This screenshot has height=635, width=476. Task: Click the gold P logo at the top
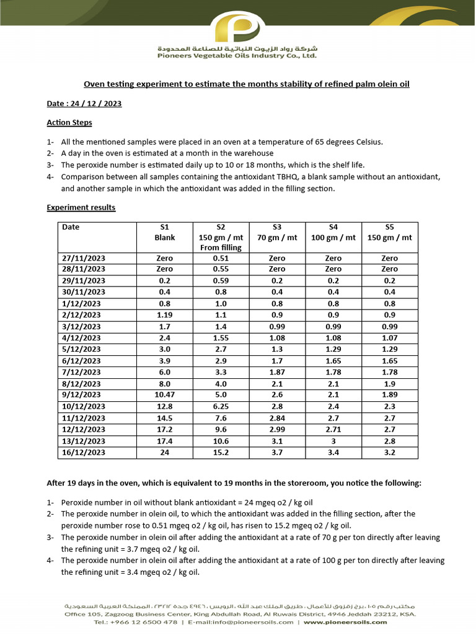[238, 28]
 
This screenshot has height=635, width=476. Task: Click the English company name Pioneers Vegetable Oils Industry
[237, 56]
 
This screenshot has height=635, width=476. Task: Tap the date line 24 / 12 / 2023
[84, 104]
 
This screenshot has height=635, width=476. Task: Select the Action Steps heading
[69, 123]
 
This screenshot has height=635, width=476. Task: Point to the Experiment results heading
[81, 208]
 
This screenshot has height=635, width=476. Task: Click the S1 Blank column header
[165, 232]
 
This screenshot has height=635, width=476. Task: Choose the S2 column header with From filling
[221, 237]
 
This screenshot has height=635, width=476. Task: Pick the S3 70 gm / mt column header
[277, 232]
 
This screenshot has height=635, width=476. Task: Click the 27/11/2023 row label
[84, 258]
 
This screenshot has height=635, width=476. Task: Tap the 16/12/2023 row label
[84, 453]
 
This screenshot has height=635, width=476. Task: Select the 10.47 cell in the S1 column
[165, 394]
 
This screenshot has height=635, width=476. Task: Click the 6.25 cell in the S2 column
[221, 406]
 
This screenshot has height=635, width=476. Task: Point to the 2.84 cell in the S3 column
[277, 417]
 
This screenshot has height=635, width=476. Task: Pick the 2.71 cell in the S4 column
[333, 429]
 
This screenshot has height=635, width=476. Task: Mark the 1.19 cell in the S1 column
[165, 314]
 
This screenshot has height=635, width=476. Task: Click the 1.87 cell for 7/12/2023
[277, 371]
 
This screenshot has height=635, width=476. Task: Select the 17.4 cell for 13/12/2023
[165, 441]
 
